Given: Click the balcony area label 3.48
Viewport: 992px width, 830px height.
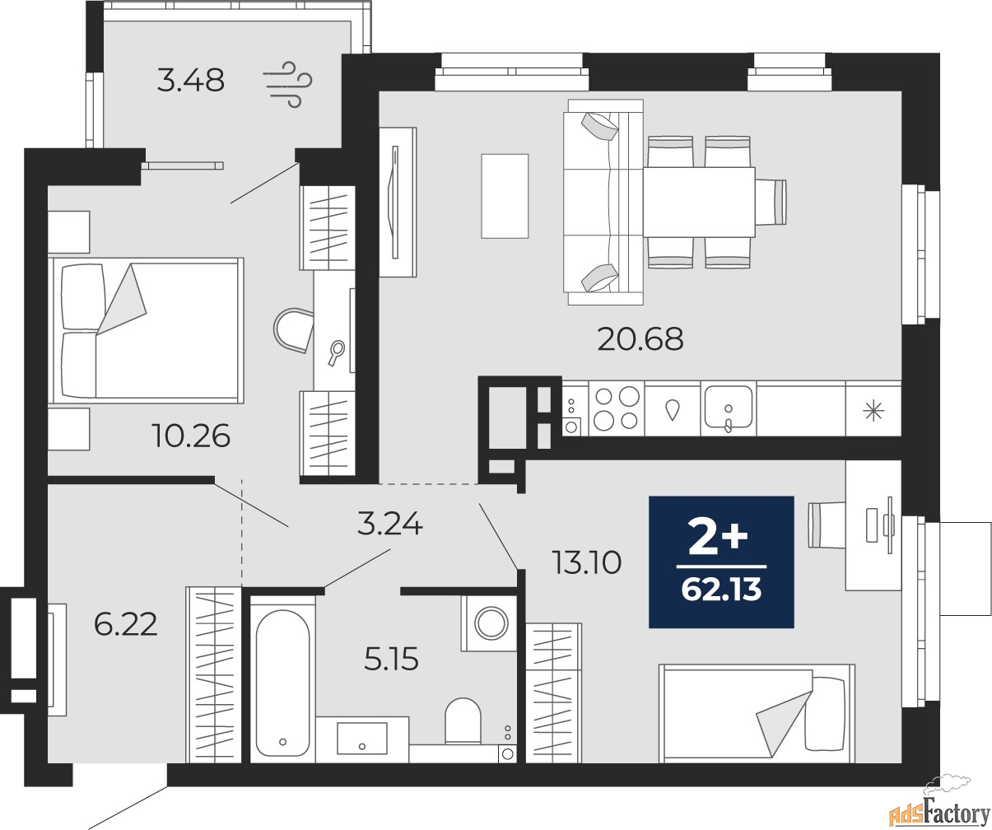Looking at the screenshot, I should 190,81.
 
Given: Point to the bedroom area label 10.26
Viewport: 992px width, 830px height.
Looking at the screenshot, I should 190,435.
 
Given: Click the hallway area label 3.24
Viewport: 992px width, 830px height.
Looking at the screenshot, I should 389,523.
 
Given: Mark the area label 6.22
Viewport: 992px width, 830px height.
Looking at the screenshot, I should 125,625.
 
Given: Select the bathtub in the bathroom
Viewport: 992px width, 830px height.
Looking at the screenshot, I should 282,680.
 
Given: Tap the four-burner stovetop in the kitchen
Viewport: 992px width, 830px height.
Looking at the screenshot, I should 615,408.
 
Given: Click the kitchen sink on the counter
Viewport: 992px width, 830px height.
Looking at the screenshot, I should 728,408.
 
